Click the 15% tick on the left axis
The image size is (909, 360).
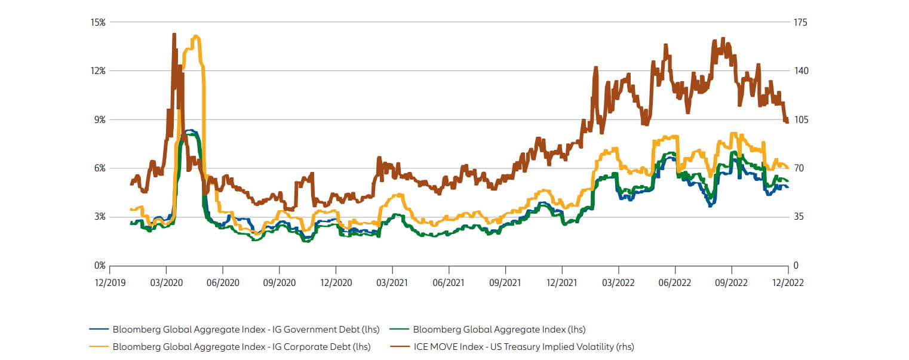[x=97, y=22]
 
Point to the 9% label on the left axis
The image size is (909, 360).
[x=99, y=119]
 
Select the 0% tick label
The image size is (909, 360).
[x=99, y=265]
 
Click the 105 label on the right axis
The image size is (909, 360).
[x=801, y=119]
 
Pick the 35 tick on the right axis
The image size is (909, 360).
[x=799, y=217]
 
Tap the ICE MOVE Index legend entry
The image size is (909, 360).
[x=524, y=346]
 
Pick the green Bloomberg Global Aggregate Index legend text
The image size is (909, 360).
[x=499, y=329]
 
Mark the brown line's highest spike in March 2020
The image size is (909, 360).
[x=174, y=35]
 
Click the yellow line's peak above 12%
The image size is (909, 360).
[x=196, y=37]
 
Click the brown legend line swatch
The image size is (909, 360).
[x=399, y=346]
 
